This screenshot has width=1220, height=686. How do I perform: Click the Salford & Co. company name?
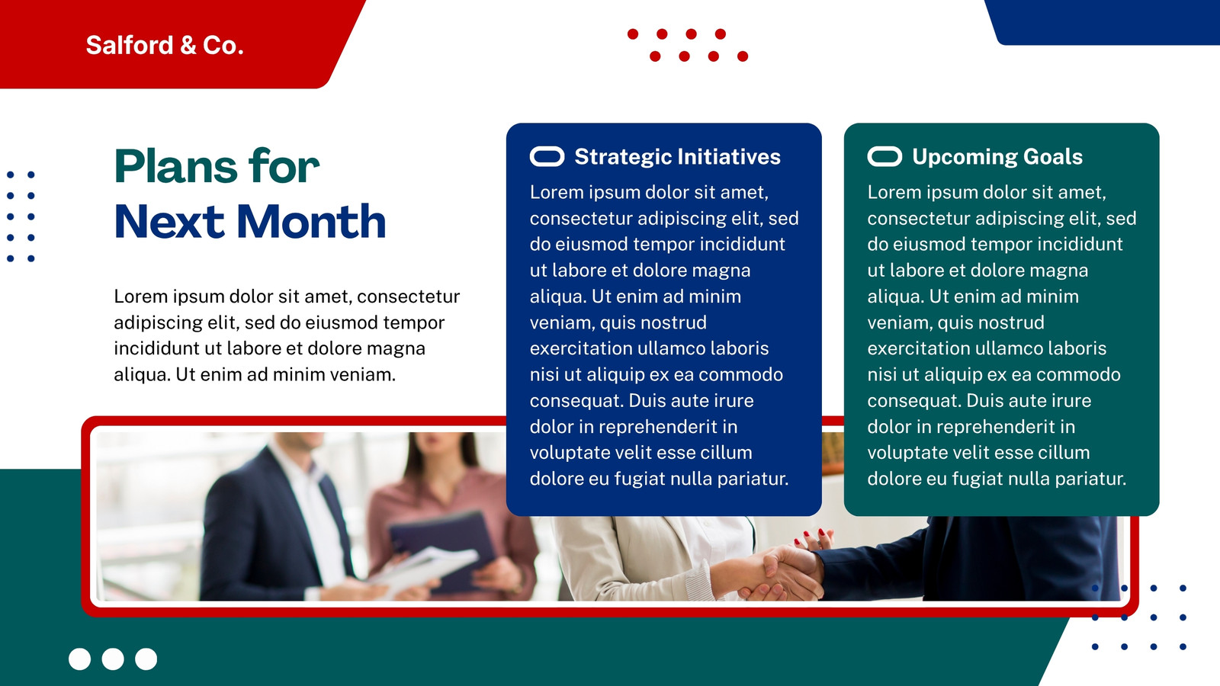(165, 45)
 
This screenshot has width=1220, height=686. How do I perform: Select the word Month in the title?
(311, 222)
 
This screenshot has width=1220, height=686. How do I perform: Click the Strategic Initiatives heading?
(678, 157)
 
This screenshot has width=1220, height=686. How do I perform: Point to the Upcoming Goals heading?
(997, 157)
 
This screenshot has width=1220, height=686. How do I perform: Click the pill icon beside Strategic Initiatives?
(547, 156)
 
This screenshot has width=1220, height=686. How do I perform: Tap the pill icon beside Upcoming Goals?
(884, 156)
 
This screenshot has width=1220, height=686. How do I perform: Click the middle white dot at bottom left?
(113, 659)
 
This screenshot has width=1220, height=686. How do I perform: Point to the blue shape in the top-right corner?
(1106, 22)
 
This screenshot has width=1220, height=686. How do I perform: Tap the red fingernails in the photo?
(813, 536)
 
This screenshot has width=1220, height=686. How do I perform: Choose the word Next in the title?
(169, 222)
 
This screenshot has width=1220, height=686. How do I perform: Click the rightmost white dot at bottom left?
(146, 659)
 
